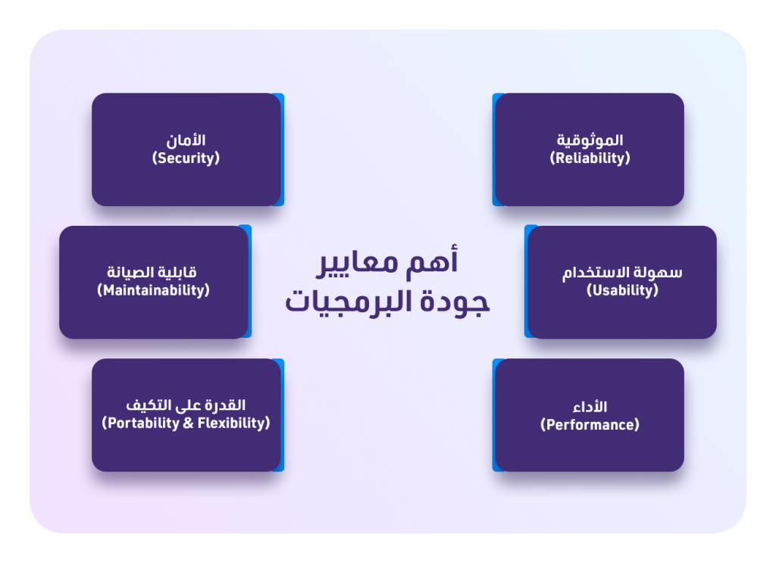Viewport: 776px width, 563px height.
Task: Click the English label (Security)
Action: pyautogui.click(x=186, y=158)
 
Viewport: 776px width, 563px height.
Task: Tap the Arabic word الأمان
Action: pyautogui.click(x=186, y=140)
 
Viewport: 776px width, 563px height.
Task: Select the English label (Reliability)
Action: pyautogui.click(x=590, y=158)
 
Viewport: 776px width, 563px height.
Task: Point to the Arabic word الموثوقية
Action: pyautogui.click(x=590, y=140)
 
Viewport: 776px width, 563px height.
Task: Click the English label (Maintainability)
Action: pyautogui.click(x=153, y=290)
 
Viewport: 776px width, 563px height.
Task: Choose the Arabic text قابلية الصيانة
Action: pyautogui.click(x=153, y=272)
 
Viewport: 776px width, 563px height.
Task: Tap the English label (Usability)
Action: pyautogui.click(x=622, y=290)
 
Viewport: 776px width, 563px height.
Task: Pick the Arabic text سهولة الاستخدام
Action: pyautogui.click(x=622, y=272)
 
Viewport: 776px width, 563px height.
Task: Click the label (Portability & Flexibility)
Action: pyautogui.click(x=186, y=423)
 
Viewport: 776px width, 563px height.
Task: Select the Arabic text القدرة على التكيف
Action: pyautogui.click(x=186, y=405)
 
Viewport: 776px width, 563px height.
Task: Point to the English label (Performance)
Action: pyautogui.click(x=590, y=424)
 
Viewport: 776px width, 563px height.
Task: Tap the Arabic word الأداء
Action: pyautogui.click(x=590, y=406)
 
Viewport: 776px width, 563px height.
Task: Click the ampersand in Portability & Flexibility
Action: pyautogui.click(x=189, y=423)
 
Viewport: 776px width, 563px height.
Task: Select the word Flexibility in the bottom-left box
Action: pyautogui.click(x=233, y=423)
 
